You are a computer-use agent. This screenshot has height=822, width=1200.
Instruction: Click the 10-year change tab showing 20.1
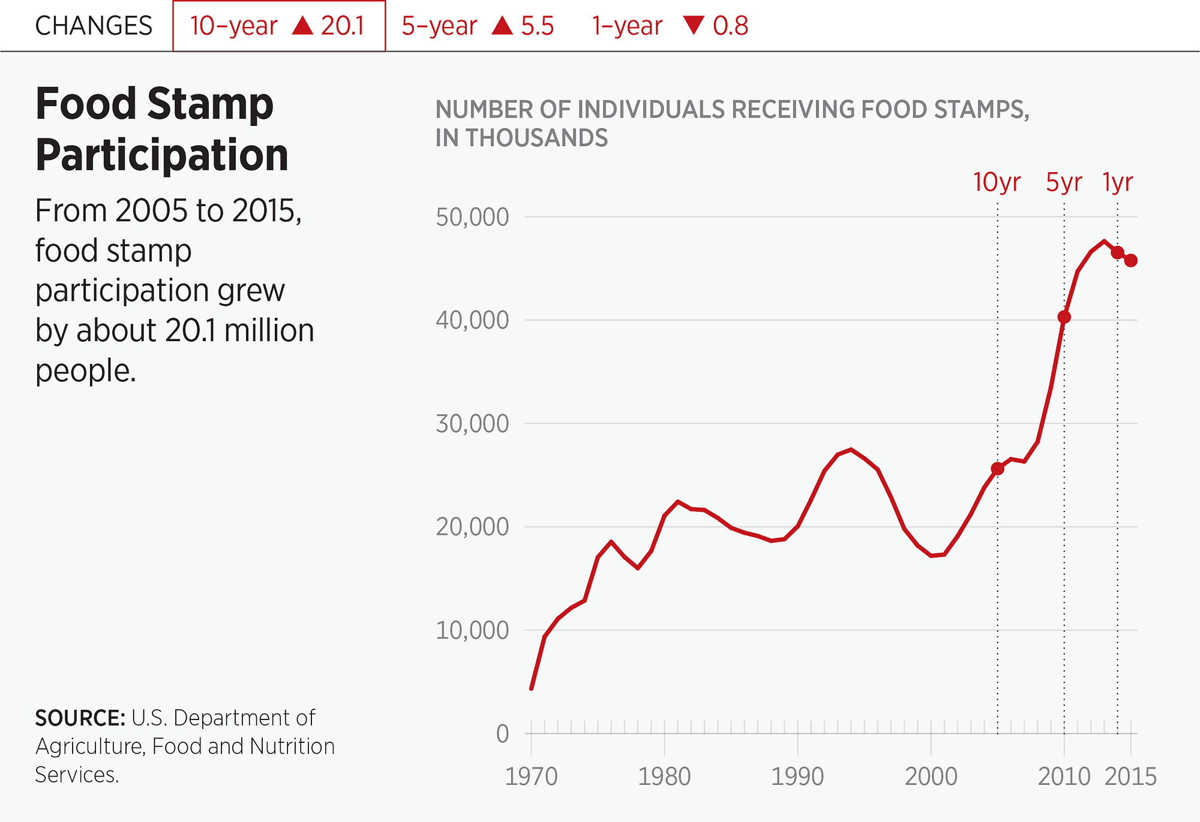tap(278, 26)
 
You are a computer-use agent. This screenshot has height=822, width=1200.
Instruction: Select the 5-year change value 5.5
tap(537, 26)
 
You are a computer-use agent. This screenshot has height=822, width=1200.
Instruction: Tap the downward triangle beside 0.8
tap(694, 25)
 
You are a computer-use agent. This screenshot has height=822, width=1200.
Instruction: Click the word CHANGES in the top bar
tap(94, 26)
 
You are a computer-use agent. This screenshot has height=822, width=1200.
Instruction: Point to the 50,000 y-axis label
tap(472, 217)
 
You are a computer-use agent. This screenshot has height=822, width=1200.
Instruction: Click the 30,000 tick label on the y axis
tap(472, 424)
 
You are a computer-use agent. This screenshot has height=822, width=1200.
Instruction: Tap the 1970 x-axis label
tap(531, 777)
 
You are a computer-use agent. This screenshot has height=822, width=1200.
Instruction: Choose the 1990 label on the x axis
tap(797, 777)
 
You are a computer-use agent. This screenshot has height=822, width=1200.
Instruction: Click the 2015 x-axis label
tap(1130, 777)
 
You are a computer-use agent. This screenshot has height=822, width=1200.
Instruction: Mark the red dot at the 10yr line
tap(997, 468)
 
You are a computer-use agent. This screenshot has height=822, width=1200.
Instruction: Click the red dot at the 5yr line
tap(1064, 317)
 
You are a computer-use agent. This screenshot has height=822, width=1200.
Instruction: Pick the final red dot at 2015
tap(1131, 261)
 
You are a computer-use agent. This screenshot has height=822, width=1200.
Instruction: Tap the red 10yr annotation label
tap(997, 182)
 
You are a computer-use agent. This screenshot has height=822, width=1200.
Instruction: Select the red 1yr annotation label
tap(1117, 182)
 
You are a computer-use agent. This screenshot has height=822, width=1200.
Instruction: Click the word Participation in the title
tap(162, 155)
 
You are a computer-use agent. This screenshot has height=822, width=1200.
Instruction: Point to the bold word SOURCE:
tap(80, 718)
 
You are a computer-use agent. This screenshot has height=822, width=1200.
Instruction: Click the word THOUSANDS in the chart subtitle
tap(537, 138)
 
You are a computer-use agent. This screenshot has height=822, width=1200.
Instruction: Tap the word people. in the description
tap(86, 371)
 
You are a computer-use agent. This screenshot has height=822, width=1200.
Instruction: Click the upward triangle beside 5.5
tap(502, 25)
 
